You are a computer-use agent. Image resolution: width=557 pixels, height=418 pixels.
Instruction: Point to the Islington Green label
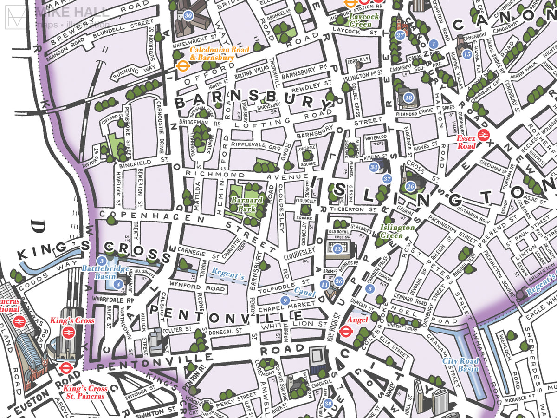tap(397, 231)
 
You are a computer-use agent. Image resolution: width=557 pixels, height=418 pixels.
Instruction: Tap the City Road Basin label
tap(460, 365)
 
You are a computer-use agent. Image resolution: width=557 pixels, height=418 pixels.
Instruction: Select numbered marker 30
tap(188, 15)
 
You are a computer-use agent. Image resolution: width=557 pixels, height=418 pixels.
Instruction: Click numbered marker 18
tap(408, 98)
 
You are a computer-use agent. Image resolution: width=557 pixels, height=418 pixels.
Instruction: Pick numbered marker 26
tap(410, 187)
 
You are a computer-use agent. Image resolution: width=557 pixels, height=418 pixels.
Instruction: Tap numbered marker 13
tap(337, 249)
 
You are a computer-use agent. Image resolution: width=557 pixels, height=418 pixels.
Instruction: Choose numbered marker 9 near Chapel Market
tap(285, 301)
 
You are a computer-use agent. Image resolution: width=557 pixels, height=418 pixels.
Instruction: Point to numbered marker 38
tap(329, 403)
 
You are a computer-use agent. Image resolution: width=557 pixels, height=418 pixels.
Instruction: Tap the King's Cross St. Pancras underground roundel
tap(65, 368)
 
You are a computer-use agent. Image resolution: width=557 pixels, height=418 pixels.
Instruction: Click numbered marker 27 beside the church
tap(400, 35)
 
